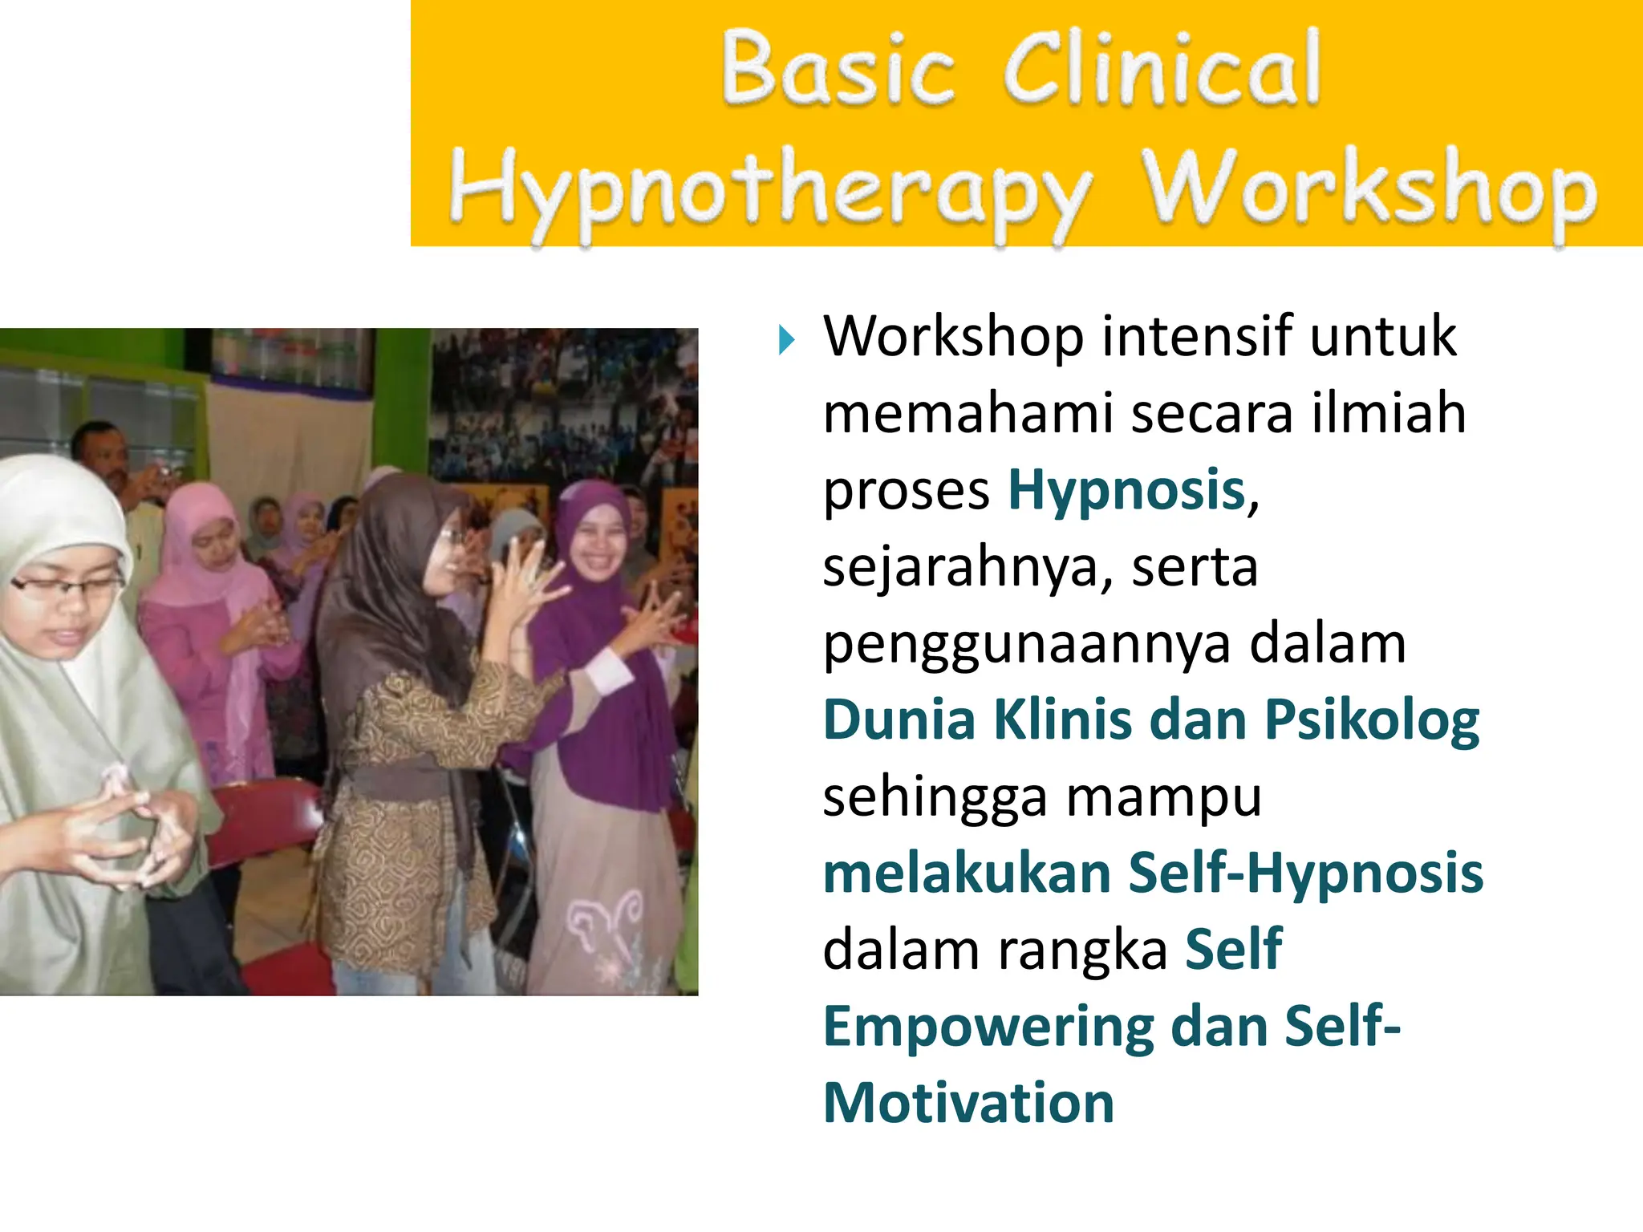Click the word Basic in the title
point(838,69)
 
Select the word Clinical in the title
point(1162,69)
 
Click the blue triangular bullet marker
point(786,340)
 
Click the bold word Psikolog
point(1372,719)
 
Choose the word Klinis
point(1063,719)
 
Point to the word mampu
point(1163,798)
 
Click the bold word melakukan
point(967,873)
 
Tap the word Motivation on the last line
point(968,1104)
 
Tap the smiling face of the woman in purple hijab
point(598,545)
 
